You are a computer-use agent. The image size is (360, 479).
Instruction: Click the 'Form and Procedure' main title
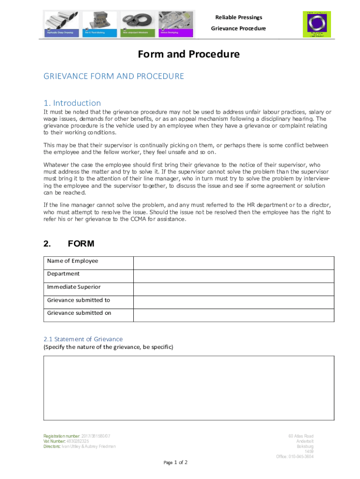point(188,54)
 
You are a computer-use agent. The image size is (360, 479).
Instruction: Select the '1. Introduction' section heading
point(72,103)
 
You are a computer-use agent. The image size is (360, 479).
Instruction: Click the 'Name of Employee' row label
point(72,261)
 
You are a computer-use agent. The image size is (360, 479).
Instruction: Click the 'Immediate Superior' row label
point(73,287)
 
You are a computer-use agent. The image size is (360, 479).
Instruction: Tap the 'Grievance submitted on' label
point(79,313)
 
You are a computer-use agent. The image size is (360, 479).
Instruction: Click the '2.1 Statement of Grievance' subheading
point(83,339)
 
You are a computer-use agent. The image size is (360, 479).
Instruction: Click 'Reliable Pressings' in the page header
point(238,17)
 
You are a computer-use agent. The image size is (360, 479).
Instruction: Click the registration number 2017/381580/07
point(96,436)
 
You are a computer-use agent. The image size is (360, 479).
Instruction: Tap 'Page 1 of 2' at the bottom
point(175,463)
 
